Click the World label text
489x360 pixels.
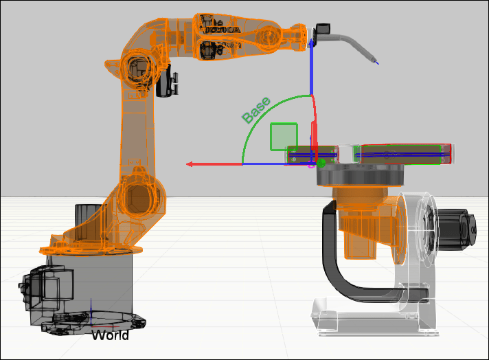tap(110, 335)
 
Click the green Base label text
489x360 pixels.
tap(256, 110)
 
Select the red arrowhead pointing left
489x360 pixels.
tap(190, 164)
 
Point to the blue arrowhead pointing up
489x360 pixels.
tap(311, 43)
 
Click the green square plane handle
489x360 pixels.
tap(284, 137)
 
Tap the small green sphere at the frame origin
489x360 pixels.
tap(321, 163)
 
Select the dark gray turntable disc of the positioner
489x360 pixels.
tap(360, 176)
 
